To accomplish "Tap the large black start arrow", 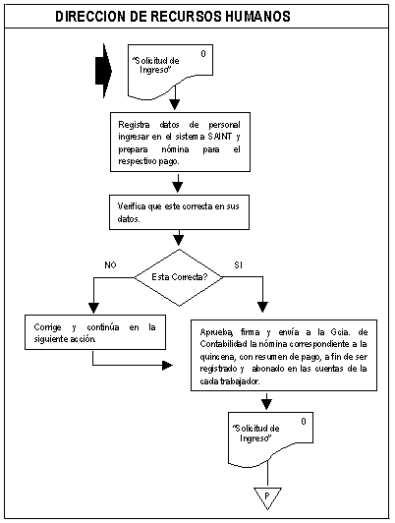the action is pyautogui.click(x=104, y=71).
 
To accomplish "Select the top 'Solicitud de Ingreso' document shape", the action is pyautogui.click(x=170, y=72).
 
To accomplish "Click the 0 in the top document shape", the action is pyautogui.click(x=203, y=54).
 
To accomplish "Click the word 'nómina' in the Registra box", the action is pyautogui.click(x=175, y=149).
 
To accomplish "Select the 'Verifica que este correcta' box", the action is pyautogui.click(x=180, y=212).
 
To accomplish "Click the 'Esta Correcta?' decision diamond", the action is pyautogui.click(x=179, y=277).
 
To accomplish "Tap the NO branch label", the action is pyautogui.click(x=110, y=265).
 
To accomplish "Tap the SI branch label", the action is pyautogui.click(x=238, y=265).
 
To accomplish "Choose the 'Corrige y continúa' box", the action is pyautogui.click(x=95, y=332).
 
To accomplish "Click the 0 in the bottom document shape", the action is pyautogui.click(x=304, y=422).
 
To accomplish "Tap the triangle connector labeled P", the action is pyautogui.click(x=267, y=497).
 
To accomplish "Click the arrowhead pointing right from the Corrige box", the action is pyautogui.click(x=168, y=366).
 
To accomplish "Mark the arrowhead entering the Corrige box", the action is pyautogui.click(x=93, y=308).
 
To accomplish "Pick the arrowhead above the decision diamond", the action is pyautogui.click(x=179, y=240).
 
